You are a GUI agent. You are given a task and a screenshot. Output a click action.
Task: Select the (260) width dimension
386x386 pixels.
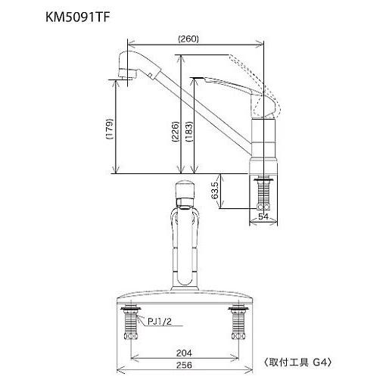pyautogui.click(x=188, y=39)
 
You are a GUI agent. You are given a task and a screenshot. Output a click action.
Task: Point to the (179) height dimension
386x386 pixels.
pyautogui.click(x=110, y=131)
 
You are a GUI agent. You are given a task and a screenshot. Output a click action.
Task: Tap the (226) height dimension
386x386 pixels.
pyautogui.click(x=176, y=131)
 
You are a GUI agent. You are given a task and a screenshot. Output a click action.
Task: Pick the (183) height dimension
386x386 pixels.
pyautogui.click(x=189, y=131)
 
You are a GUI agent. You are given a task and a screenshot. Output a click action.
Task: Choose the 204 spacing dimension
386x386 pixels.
pyautogui.click(x=184, y=351)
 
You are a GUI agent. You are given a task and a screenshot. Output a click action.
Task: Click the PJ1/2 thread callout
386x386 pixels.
pyautogui.click(x=160, y=322)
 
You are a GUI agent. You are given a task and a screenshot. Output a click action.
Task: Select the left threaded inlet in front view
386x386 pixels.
pyautogui.click(x=131, y=322)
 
